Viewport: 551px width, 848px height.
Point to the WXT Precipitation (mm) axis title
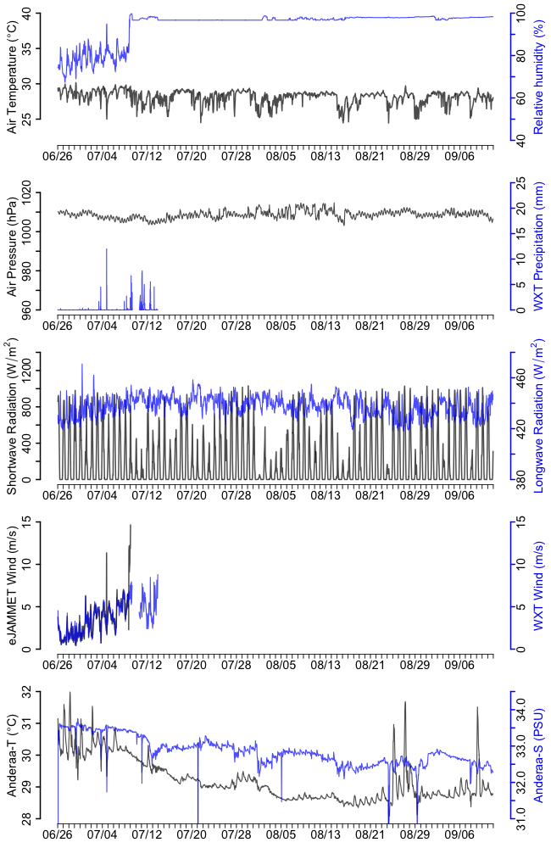(537, 246)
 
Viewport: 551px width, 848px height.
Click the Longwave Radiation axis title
(537, 416)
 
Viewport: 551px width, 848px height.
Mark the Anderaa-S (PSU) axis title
(537, 755)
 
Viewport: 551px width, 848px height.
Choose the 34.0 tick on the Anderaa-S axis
(520, 704)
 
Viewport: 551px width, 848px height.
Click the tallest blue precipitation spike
(107, 249)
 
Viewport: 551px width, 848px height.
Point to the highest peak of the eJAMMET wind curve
(131, 525)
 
